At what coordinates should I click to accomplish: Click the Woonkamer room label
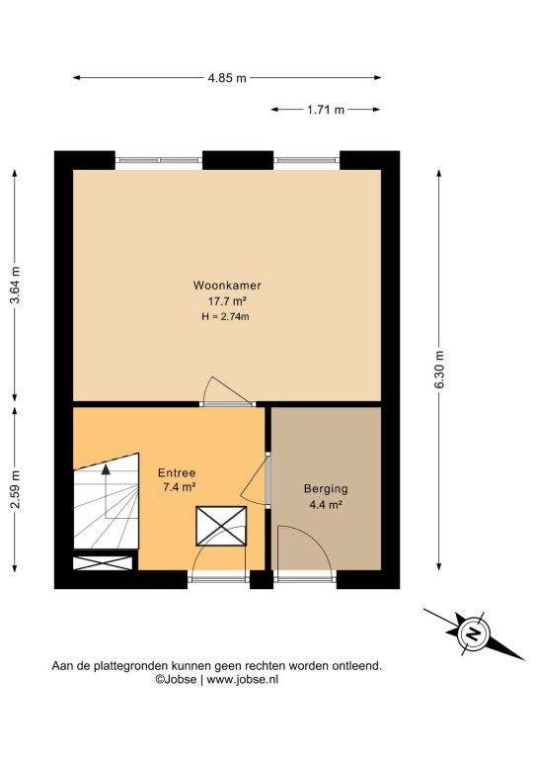click(x=227, y=285)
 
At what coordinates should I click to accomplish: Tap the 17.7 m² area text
click(x=227, y=301)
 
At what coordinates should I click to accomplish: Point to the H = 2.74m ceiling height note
click(x=225, y=317)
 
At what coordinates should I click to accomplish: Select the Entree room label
click(x=177, y=473)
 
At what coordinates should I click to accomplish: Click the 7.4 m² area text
click(x=179, y=487)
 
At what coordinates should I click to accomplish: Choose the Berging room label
click(x=326, y=489)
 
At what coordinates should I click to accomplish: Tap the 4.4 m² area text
click(x=326, y=504)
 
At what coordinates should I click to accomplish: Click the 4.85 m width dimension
click(x=227, y=77)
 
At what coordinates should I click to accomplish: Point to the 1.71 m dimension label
click(x=326, y=110)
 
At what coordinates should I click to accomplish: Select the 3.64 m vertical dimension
click(x=15, y=285)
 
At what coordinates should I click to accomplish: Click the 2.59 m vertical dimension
click(x=15, y=489)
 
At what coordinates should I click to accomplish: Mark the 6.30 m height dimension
click(x=439, y=370)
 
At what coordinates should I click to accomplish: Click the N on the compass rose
click(x=473, y=633)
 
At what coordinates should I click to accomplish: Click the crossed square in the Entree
click(x=221, y=526)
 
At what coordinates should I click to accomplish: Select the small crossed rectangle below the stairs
click(x=103, y=563)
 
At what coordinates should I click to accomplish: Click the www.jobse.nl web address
click(x=242, y=680)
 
